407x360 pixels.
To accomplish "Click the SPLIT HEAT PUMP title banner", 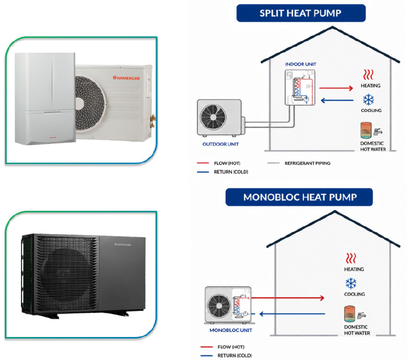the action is pyautogui.click(x=301, y=13).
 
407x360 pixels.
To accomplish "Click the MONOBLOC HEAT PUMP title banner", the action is pyautogui.click(x=299, y=197).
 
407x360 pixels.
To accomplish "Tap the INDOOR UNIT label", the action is pyautogui.click(x=301, y=64).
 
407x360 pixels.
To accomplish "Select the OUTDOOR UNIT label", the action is pyautogui.click(x=221, y=144).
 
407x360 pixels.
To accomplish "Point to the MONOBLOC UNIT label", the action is pyautogui.click(x=231, y=330).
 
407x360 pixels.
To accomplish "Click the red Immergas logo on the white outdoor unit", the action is pyautogui.click(x=126, y=78).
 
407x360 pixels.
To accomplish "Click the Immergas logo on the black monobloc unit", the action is pyautogui.click(x=123, y=244).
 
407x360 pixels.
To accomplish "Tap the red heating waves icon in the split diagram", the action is pyautogui.click(x=368, y=75).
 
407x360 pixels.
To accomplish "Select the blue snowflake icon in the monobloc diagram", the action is pyautogui.click(x=351, y=284).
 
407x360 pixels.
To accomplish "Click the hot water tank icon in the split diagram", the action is pyautogui.click(x=366, y=130).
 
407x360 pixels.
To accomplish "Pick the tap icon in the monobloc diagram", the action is pyautogui.click(x=361, y=315).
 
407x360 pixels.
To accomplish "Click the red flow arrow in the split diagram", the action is pyautogui.click(x=336, y=88).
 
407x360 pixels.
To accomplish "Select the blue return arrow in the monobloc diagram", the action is pyautogui.click(x=292, y=314).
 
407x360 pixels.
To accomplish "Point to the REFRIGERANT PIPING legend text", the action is pyautogui.click(x=307, y=163).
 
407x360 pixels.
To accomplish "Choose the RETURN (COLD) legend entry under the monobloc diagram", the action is pyautogui.click(x=226, y=356).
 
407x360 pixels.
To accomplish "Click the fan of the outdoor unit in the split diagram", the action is pyautogui.click(x=213, y=117).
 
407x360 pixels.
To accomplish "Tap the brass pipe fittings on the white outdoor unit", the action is pyautogui.click(x=152, y=121).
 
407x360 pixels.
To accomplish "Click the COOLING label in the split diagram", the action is pyautogui.click(x=371, y=110).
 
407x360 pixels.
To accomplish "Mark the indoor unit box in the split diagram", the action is pyautogui.click(x=300, y=87).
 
